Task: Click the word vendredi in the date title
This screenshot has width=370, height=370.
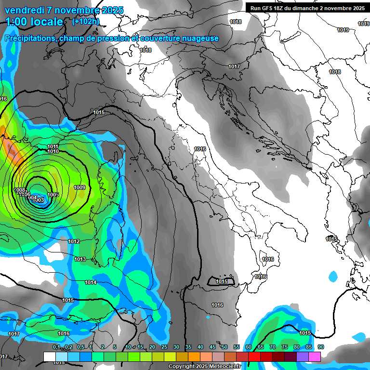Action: (25, 10)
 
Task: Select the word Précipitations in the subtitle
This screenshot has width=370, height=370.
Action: (30, 39)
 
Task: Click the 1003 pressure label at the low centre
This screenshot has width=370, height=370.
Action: (39, 200)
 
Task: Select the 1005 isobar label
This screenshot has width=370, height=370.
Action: (53, 195)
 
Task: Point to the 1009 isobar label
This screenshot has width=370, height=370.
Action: (79, 187)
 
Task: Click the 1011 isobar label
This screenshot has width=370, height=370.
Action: (53, 146)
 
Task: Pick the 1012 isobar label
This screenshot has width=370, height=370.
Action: (74, 241)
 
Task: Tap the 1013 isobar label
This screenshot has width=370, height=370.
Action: (80, 259)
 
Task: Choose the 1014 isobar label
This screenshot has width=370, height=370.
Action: (91, 282)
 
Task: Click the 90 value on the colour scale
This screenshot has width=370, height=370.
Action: (320, 347)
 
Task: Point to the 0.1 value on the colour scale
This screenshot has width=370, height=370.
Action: (56, 347)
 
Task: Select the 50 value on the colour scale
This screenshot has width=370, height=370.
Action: (225, 347)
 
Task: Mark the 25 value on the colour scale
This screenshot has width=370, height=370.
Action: (164, 347)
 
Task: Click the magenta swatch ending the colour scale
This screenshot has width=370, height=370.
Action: (315, 357)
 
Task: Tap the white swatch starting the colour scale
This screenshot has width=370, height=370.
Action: (49, 357)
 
